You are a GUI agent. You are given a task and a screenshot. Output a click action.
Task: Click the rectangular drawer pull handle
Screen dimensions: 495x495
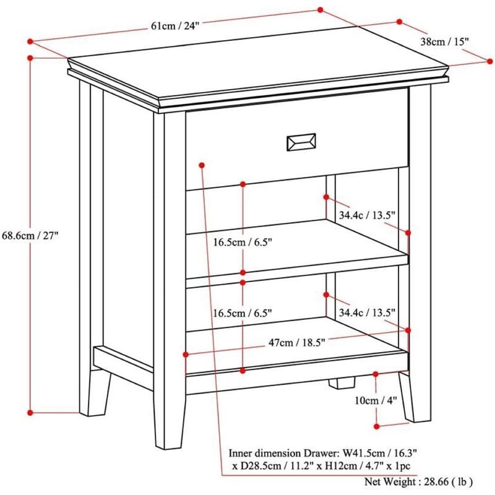301,142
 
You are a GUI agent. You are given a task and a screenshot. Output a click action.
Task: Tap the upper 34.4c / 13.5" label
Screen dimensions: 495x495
367,215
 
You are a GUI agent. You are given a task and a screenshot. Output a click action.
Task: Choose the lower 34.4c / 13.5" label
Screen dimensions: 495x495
367,313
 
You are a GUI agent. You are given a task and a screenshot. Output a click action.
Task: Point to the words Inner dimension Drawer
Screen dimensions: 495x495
272,452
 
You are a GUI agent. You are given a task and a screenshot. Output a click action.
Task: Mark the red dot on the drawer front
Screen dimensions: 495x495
202,165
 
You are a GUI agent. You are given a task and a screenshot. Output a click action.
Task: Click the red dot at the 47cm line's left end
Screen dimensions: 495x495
186,354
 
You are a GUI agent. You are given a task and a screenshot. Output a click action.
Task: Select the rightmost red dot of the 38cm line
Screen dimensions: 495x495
490,61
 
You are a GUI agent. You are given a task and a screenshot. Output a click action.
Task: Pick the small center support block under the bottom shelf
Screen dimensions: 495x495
339,382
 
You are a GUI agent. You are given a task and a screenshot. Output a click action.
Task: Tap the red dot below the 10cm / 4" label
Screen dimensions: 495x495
377,426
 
